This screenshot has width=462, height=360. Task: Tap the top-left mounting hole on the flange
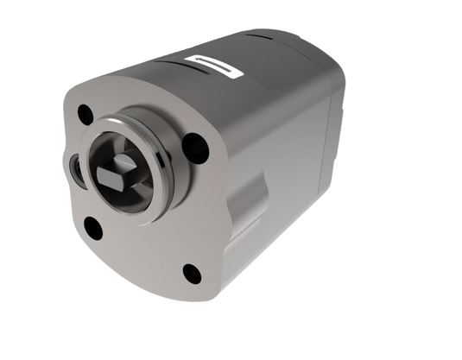coord(85,114)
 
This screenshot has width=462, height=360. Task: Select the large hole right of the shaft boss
coord(196,148)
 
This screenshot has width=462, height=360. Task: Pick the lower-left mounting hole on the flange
coord(92,229)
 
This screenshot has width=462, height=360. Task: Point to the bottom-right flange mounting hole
coord(192,274)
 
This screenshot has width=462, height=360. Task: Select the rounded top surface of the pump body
coord(259,78)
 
